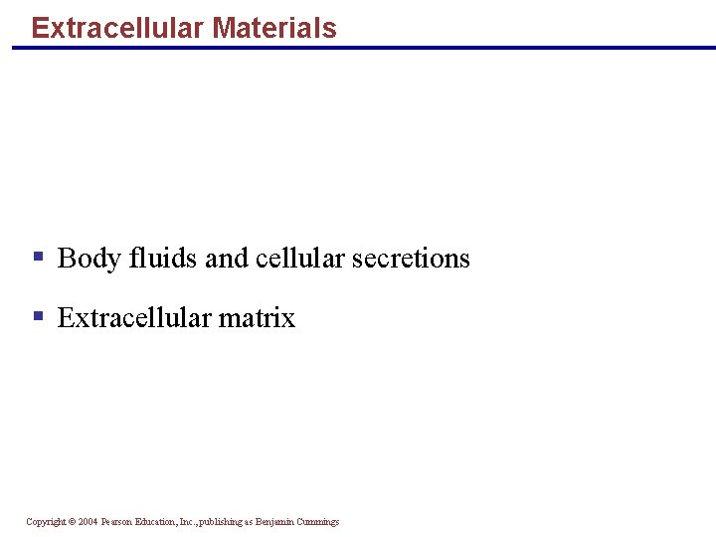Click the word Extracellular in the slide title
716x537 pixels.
click(117, 28)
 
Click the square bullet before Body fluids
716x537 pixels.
click(38, 257)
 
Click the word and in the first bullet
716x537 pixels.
click(227, 259)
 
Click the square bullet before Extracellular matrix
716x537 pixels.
click(38, 316)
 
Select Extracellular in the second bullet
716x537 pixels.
click(134, 318)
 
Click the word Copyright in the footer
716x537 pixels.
click(46, 522)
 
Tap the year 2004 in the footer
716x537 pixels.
click(88, 522)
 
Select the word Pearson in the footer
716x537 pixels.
click(118, 522)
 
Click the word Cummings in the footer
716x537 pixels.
click(320, 522)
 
